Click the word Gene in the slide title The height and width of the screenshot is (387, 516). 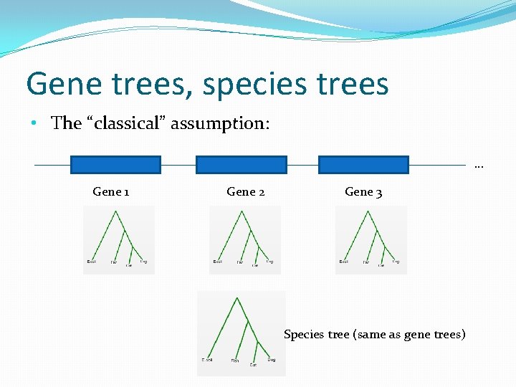click(59, 84)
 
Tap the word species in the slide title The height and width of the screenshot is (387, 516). click(246, 85)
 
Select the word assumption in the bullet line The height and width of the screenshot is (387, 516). click(228, 124)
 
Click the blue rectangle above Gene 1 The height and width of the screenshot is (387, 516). click(115, 165)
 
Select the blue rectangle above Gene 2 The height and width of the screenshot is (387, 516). click(241, 165)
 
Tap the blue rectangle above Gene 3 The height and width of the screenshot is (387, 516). click(363, 165)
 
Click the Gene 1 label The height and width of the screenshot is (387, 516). click(111, 191)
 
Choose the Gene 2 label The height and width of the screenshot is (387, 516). click(246, 191)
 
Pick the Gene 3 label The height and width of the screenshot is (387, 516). click(363, 191)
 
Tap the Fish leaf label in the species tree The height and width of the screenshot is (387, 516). click(235, 361)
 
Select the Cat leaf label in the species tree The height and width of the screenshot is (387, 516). click(253, 365)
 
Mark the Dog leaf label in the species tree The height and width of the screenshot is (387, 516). click(272, 359)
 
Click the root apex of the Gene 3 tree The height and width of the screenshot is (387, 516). click(365, 211)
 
